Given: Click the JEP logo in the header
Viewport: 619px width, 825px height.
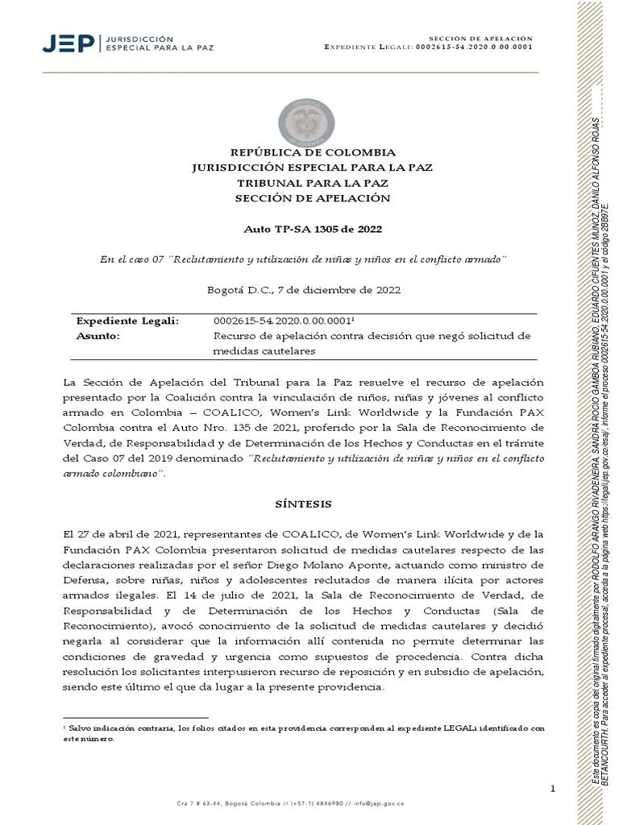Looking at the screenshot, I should (68, 43).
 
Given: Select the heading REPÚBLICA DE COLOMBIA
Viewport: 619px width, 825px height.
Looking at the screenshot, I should (313, 152).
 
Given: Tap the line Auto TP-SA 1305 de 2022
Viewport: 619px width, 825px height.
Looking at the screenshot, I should (313, 229).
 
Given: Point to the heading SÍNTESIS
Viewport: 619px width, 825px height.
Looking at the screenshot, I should (303, 504).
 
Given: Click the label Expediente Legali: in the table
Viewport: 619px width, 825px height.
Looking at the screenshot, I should (127, 321).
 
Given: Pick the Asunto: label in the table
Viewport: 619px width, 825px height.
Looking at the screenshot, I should (98, 336).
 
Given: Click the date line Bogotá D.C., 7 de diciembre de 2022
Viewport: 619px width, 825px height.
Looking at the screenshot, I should (303, 289).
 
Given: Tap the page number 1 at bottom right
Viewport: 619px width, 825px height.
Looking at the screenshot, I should (553, 788).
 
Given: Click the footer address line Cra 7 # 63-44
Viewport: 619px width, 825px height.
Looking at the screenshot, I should (290, 803).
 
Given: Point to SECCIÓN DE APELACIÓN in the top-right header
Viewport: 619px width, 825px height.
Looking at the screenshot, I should (480, 38).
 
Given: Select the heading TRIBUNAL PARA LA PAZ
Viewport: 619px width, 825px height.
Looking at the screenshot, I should (313, 183).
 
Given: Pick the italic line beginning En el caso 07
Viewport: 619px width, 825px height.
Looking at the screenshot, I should (303, 258).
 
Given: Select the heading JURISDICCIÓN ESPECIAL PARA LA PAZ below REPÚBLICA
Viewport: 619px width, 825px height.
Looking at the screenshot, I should (313, 168).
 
